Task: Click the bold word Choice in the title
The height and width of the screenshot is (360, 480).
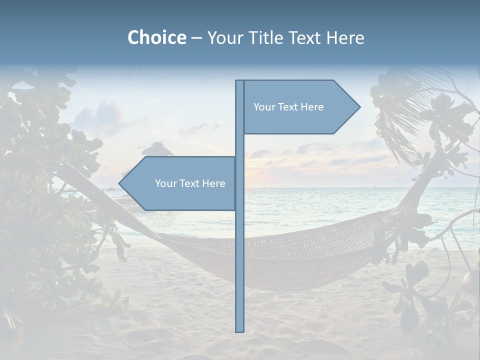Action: [x=156, y=37]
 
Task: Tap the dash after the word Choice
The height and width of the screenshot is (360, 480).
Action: [x=196, y=38]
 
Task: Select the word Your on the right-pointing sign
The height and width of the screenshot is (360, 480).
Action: [x=263, y=107]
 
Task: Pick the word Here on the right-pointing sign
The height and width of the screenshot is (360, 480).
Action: [x=311, y=107]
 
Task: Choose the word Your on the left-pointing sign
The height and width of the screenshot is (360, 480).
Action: [x=165, y=183]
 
